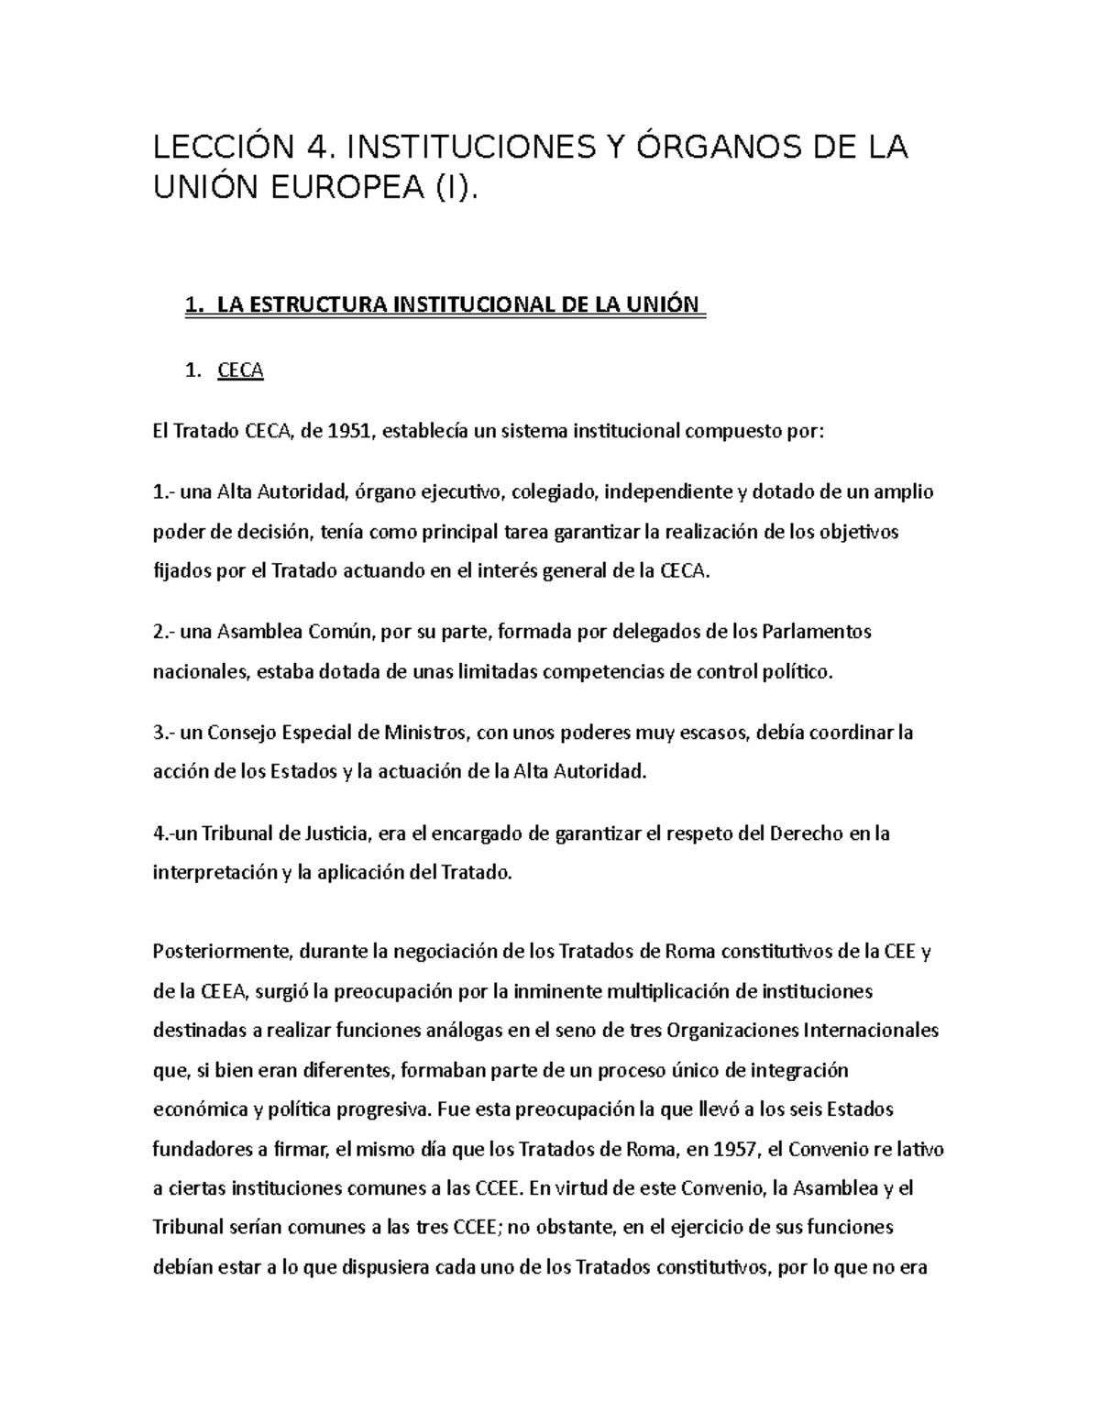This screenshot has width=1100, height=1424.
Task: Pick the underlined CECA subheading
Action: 240,371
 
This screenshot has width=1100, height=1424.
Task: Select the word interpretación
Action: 214,873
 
